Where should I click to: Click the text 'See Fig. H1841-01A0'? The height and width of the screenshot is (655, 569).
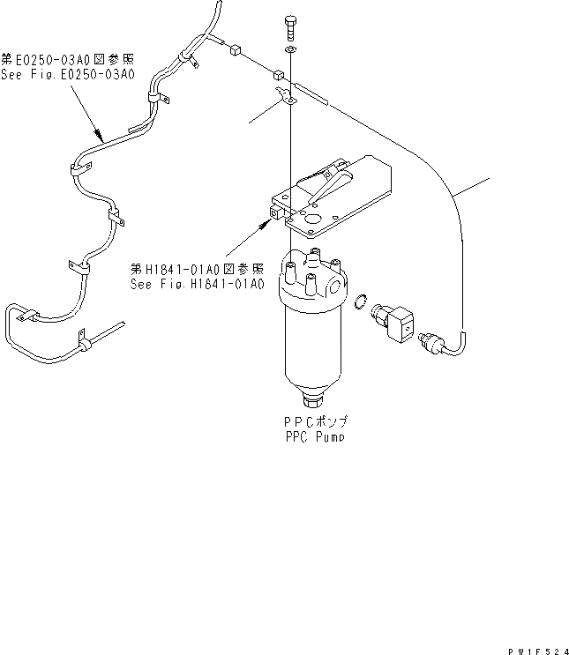[197, 284]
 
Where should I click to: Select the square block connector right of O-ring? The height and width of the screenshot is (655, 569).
[400, 321]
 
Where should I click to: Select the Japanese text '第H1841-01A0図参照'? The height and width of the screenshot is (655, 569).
[197, 270]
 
